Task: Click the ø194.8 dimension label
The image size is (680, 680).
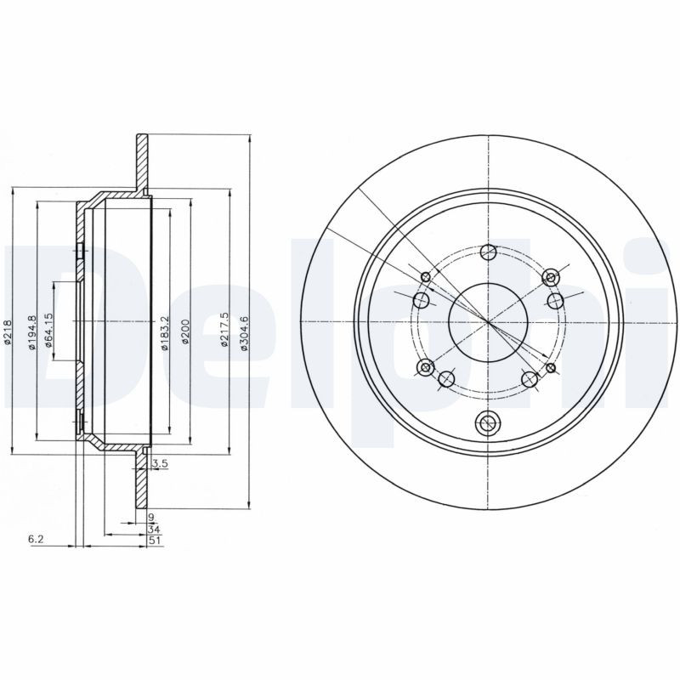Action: tap(32, 331)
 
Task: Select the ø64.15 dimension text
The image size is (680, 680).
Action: tap(50, 331)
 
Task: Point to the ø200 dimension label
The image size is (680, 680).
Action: tap(184, 332)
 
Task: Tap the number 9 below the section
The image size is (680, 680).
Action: tap(150, 518)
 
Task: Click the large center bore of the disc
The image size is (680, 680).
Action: tap(488, 321)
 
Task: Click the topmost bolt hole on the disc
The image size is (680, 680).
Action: tap(488, 252)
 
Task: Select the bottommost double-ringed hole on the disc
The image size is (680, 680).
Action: tap(487, 422)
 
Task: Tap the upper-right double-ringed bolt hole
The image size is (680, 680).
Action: tap(551, 278)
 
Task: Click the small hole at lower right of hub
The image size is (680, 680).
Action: tap(551, 367)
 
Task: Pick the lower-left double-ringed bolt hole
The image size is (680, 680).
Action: tap(424, 366)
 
